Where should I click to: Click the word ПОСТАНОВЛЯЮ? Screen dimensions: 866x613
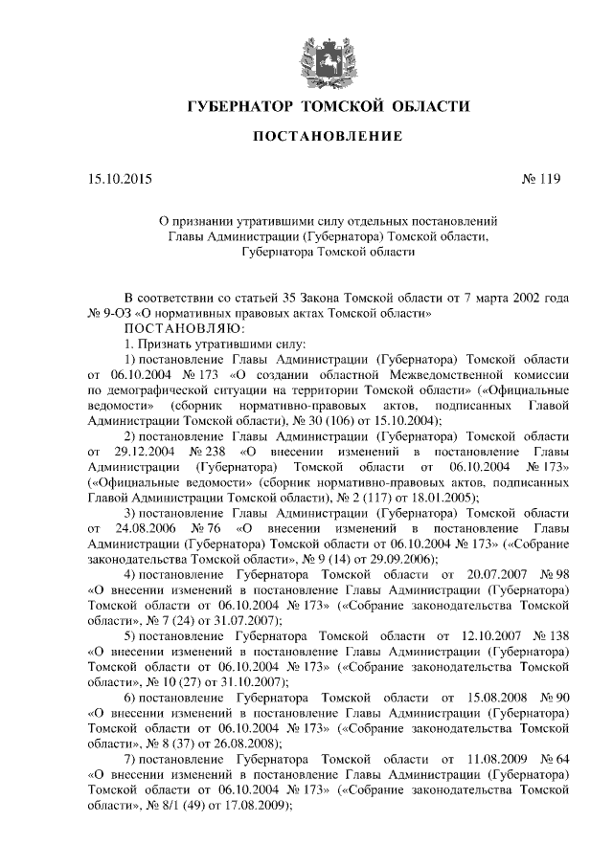point(184,327)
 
